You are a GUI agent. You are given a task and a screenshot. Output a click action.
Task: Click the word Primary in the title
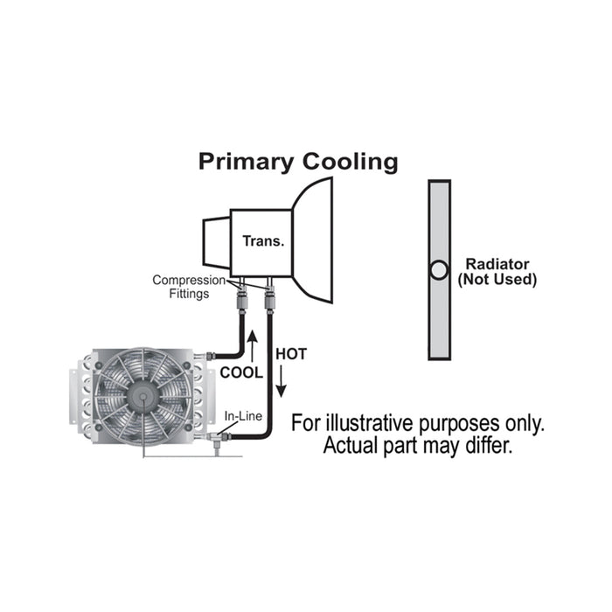pos(247,162)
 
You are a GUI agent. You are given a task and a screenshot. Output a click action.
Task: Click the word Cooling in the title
pos(350,162)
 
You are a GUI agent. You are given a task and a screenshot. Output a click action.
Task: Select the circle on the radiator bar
pos(439,270)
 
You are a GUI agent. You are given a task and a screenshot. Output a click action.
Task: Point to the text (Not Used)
pos(497,280)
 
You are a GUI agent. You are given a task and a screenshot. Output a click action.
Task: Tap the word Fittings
pos(190,294)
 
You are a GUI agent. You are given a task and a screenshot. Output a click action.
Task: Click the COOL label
pos(242,371)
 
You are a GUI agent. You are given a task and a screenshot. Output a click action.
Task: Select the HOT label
pos(291,354)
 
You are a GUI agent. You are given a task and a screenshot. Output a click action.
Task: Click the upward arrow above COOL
pos(253,345)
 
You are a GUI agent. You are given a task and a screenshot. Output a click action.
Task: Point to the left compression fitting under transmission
pos(241,303)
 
